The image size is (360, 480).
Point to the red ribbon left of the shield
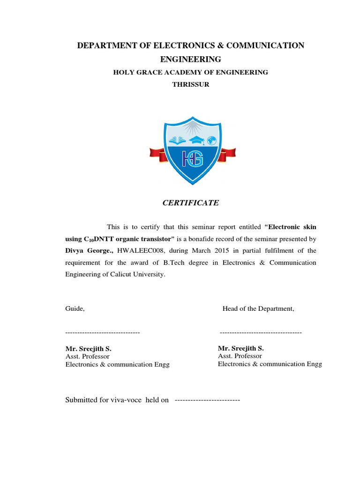159,154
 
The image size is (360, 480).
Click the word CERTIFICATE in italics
190,203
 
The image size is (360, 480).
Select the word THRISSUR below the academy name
190,85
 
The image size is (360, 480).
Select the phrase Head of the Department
258,308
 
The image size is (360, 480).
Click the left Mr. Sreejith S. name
88,349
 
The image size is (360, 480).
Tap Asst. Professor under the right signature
240,356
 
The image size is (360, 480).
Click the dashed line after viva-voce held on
207,401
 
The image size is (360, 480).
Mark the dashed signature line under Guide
103,332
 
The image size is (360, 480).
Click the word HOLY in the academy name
123,73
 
